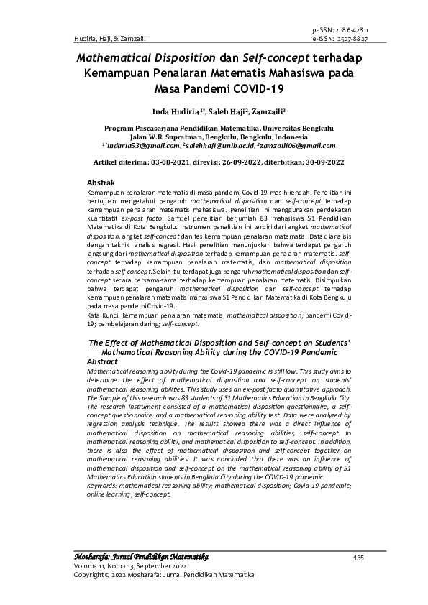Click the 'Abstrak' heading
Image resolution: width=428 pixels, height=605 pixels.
coord(101,184)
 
